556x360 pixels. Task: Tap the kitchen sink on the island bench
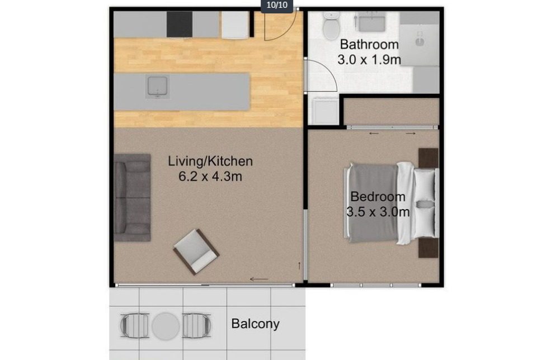(157, 86)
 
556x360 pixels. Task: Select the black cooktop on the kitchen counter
(180, 24)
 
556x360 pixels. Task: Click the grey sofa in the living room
(132, 197)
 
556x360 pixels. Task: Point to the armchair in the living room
(196, 252)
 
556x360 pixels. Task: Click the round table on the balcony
(166, 326)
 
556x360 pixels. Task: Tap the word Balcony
(255, 324)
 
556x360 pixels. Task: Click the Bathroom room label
(369, 45)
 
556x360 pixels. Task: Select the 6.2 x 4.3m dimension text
(210, 176)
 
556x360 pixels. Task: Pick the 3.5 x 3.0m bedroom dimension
(378, 212)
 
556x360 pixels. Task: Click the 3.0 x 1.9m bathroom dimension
(369, 59)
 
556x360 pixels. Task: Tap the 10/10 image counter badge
(277, 6)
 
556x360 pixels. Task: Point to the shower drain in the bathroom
(420, 42)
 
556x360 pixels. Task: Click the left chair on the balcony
(134, 325)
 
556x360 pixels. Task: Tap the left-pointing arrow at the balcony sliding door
(259, 279)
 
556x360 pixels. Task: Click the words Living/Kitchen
(210, 161)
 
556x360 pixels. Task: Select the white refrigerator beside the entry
(235, 25)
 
